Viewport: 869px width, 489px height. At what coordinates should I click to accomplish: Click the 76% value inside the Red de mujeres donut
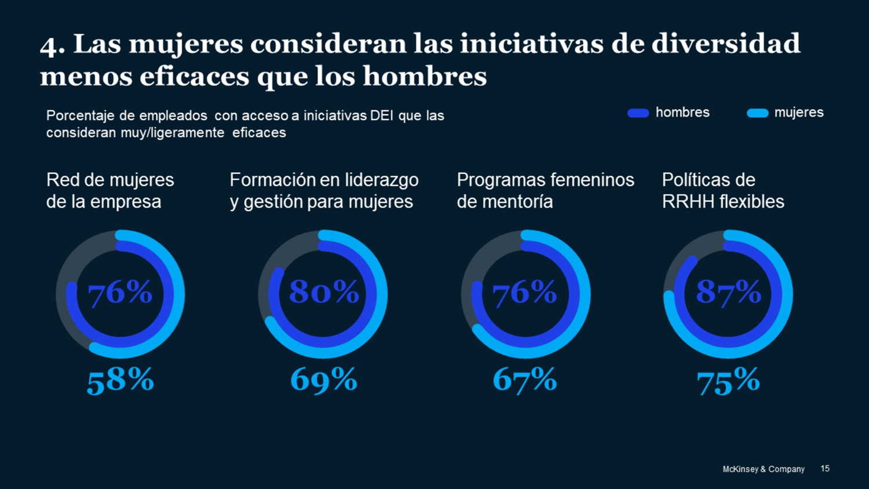click(x=120, y=292)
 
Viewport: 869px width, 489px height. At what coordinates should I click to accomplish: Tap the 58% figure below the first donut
click(x=120, y=381)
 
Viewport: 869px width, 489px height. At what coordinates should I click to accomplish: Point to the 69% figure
click(x=323, y=380)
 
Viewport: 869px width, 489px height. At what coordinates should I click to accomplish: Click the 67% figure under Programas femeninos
click(x=524, y=380)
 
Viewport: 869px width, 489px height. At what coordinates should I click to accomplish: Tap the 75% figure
click(x=728, y=381)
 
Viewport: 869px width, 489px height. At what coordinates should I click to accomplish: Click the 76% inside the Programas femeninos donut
click(x=524, y=292)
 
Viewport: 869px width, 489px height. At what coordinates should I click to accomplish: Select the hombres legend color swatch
click(x=638, y=113)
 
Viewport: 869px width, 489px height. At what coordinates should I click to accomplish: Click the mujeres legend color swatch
click(x=757, y=113)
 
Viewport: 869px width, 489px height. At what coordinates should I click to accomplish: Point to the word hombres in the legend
click(x=682, y=112)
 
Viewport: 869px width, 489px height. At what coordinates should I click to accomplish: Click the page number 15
click(x=825, y=468)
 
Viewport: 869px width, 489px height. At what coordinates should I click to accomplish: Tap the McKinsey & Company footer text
click(x=763, y=469)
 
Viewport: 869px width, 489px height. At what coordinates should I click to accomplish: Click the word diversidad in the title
click(x=726, y=44)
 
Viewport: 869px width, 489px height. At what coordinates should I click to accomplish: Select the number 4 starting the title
click(x=49, y=46)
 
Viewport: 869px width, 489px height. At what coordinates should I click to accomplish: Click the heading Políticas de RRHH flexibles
click(x=722, y=191)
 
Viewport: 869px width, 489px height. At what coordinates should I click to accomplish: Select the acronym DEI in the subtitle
click(x=382, y=116)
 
